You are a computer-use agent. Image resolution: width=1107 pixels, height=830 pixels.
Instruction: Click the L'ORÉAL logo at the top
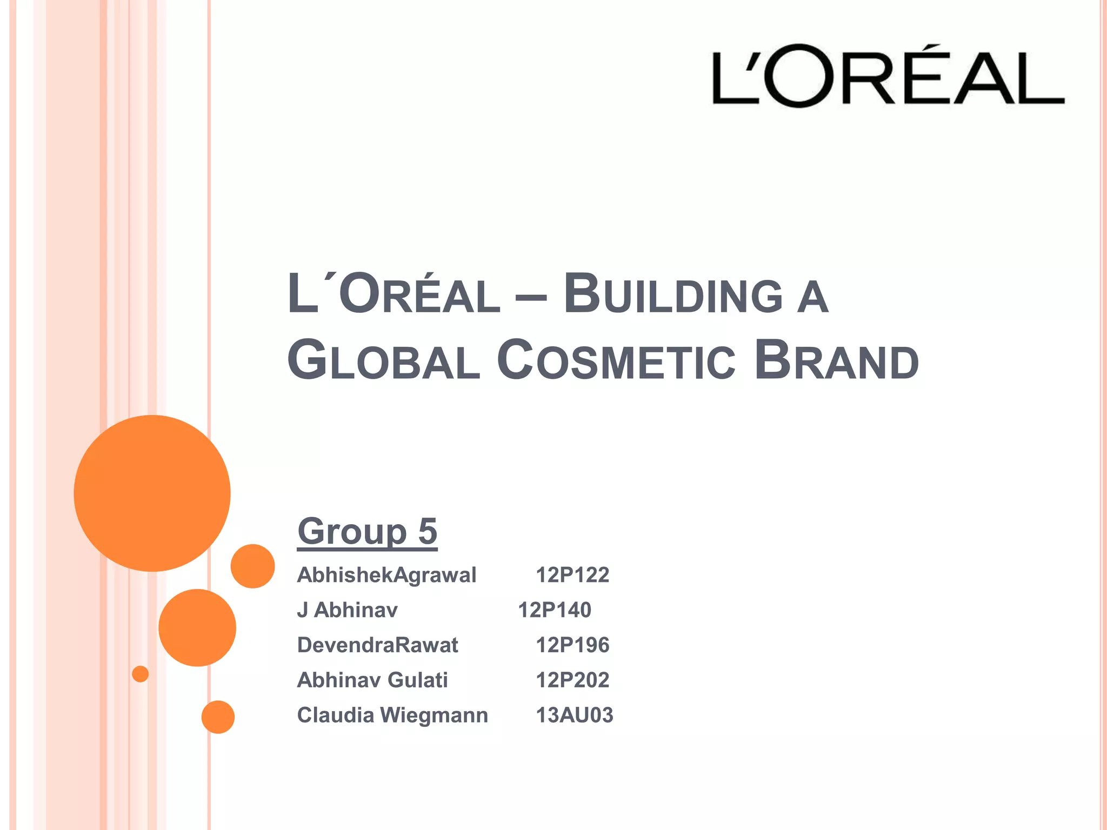point(888,76)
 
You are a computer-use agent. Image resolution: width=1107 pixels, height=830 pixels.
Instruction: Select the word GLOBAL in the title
point(383,360)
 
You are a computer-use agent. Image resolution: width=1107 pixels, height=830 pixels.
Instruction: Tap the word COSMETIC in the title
point(616,360)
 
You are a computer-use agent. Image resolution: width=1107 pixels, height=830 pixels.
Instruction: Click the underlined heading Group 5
point(367,532)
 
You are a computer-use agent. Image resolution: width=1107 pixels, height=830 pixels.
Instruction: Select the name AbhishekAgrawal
point(386,575)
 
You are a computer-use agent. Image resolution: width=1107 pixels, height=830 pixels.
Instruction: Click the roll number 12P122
point(572,575)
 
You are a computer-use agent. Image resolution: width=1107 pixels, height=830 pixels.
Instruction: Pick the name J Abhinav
point(347,610)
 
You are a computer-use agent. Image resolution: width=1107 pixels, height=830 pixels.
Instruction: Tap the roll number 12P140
point(554,610)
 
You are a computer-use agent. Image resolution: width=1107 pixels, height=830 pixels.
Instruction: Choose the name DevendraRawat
point(377,645)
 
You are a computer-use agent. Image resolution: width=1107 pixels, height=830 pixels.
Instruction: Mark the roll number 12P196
point(572,645)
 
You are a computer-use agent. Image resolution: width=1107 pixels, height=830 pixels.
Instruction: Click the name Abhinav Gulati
point(372,680)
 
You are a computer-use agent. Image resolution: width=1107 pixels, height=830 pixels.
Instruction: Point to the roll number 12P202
point(572,680)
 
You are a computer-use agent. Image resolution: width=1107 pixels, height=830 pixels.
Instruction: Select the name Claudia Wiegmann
point(392,715)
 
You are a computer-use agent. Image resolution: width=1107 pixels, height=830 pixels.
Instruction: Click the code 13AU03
point(574,715)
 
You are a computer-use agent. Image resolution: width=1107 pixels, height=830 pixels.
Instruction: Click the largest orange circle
point(152,493)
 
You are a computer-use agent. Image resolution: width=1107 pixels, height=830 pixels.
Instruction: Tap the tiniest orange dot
point(141,674)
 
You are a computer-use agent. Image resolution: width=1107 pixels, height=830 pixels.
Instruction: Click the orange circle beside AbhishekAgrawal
point(252,566)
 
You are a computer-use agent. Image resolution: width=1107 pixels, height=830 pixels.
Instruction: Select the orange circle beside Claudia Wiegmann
point(218,717)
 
